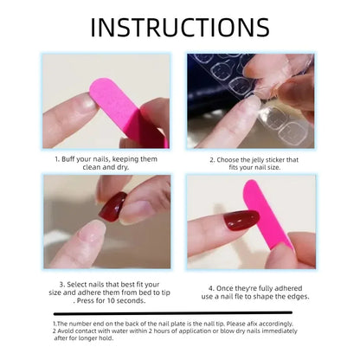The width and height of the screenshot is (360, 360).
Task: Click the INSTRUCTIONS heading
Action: (179, 27)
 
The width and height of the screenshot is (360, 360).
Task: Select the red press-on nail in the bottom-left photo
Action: (112, 207)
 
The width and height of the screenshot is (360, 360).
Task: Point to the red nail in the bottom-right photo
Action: (241, 221)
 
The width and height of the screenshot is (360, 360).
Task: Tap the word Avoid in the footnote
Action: (68, 331)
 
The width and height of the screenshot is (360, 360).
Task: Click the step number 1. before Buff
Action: (58, 160)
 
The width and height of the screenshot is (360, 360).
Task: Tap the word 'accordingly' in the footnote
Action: (280, 323)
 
